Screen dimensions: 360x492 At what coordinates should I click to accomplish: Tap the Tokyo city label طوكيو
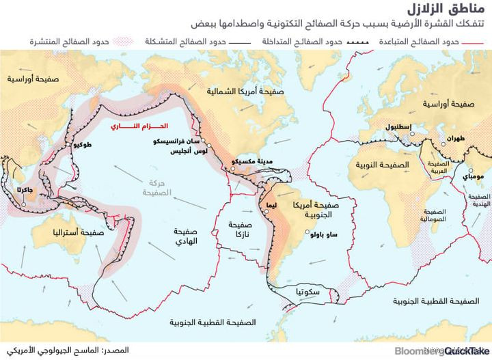point(80,146)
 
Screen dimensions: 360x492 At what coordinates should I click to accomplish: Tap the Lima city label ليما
point(271,204)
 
